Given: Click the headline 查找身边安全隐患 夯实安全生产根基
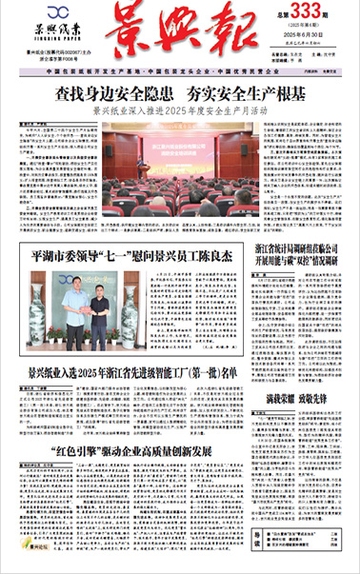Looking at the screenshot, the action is click(x=180, y=94).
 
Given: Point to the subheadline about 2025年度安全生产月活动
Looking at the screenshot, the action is click(x=180, y=110).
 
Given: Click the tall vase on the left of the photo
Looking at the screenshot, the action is click(x=37, y=310).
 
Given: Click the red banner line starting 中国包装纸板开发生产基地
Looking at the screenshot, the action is click(x=180, y=73).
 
